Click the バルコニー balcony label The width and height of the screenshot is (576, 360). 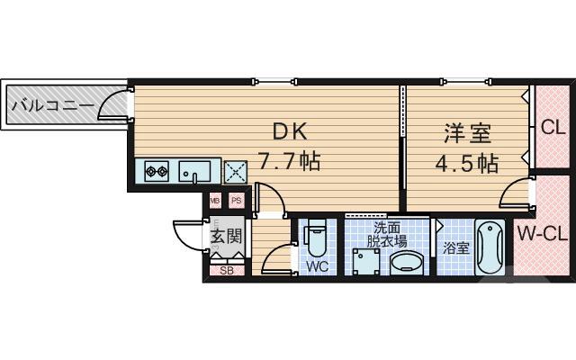[x=51, y=106]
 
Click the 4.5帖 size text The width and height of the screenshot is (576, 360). [x=466, y=164]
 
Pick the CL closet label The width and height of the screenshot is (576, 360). [x=553, y=127]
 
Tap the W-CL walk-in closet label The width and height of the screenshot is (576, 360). [x=543, y=235]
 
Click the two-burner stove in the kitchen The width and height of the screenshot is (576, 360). [x=153, y=170]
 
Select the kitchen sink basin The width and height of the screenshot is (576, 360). [x=193, y=170]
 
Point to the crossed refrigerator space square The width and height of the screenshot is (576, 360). [x=236, y=170]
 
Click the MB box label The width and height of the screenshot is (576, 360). [x=216, y=201]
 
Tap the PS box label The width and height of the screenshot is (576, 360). [x=236, y=201]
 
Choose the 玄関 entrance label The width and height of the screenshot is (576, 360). [x=226, y=237]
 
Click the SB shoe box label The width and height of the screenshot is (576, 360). [x=226, y=269]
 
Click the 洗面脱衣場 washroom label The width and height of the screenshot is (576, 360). [x=387, y=236]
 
